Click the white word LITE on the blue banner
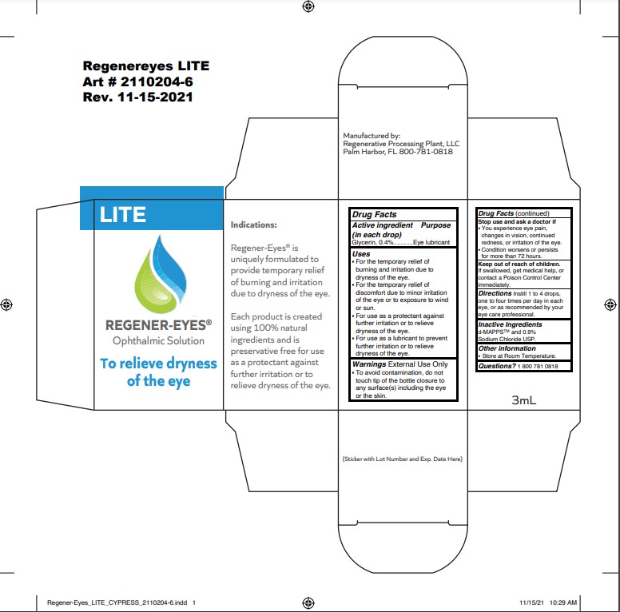point(122,214)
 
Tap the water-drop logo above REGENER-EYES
point(157,273)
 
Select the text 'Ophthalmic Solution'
point(158,340)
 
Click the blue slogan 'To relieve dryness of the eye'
point(158,372)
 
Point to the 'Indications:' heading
point(253,225)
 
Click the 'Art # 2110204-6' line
point(137,81)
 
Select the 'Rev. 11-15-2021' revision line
point(137,97)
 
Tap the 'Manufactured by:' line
point(371,136)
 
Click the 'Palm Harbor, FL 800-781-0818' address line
point(398,151)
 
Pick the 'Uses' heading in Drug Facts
point(361,253)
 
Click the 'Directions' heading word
point(495,293)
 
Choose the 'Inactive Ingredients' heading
point(510,324)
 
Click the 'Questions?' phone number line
point(523,365)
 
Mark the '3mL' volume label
point(523,401)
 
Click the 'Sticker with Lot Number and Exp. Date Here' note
point(402,459)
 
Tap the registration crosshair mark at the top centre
point(308,6)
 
